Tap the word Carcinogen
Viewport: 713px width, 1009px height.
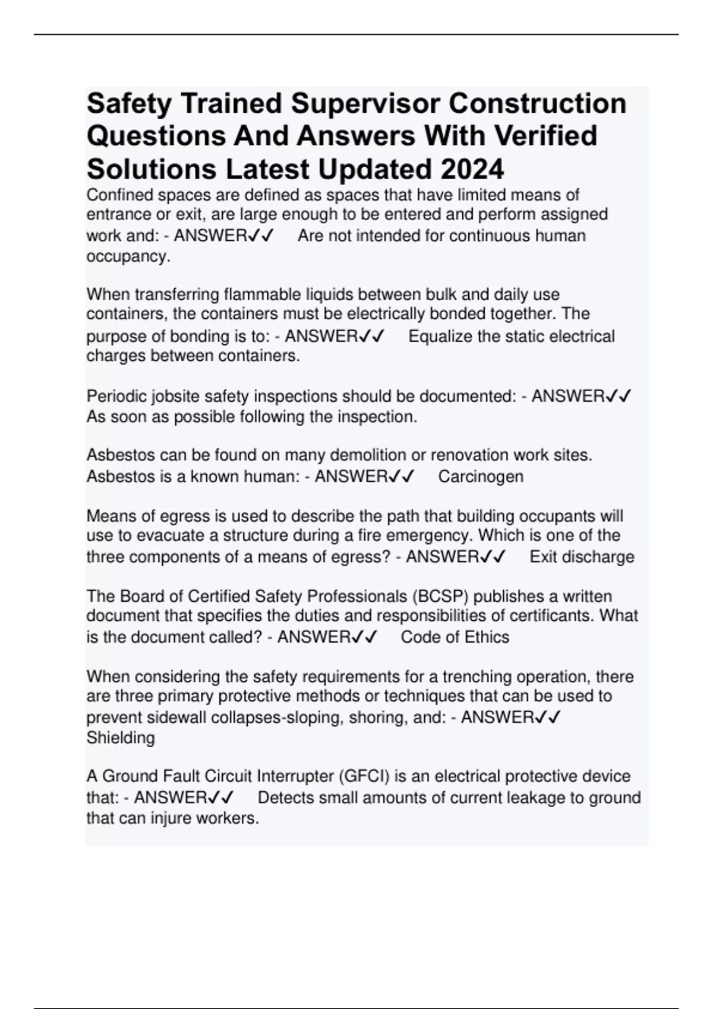pyautogui.click(x=481, y=477)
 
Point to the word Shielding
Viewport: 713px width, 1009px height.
pyautogui.click(x=121, y=738)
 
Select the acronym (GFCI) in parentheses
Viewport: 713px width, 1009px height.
pyautogui.click(x=364, y=776)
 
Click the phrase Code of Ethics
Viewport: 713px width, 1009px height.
pyautogui.click(x=455, y=637)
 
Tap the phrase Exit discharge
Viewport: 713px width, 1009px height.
pyautogui.click(x=582, y=557)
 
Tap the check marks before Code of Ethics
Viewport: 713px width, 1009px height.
pyautogui.click(x=364, y=637)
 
